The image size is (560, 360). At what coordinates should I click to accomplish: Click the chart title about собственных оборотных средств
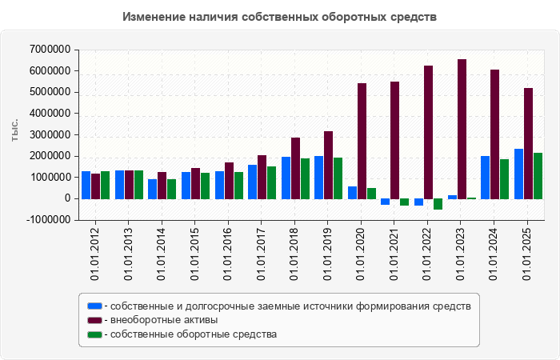click(280, 17)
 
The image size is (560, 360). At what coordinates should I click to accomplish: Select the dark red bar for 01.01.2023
click(462, 129)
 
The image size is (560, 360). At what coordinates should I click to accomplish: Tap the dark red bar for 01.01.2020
click(362, 141)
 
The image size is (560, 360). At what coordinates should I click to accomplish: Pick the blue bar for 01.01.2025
click(518, 174)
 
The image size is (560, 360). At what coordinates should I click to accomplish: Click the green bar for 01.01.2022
click(438, 204)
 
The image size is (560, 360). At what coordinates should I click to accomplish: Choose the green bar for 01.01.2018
click(304, 178)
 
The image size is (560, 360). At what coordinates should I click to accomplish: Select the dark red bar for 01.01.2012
click(95, 186)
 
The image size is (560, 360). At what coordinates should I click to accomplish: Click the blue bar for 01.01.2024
click(485, 177)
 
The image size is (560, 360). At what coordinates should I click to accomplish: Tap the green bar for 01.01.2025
click(538, 175)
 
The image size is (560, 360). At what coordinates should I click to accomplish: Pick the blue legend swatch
click(94, 306)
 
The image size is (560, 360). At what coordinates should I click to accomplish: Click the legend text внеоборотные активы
click(164, 320)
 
